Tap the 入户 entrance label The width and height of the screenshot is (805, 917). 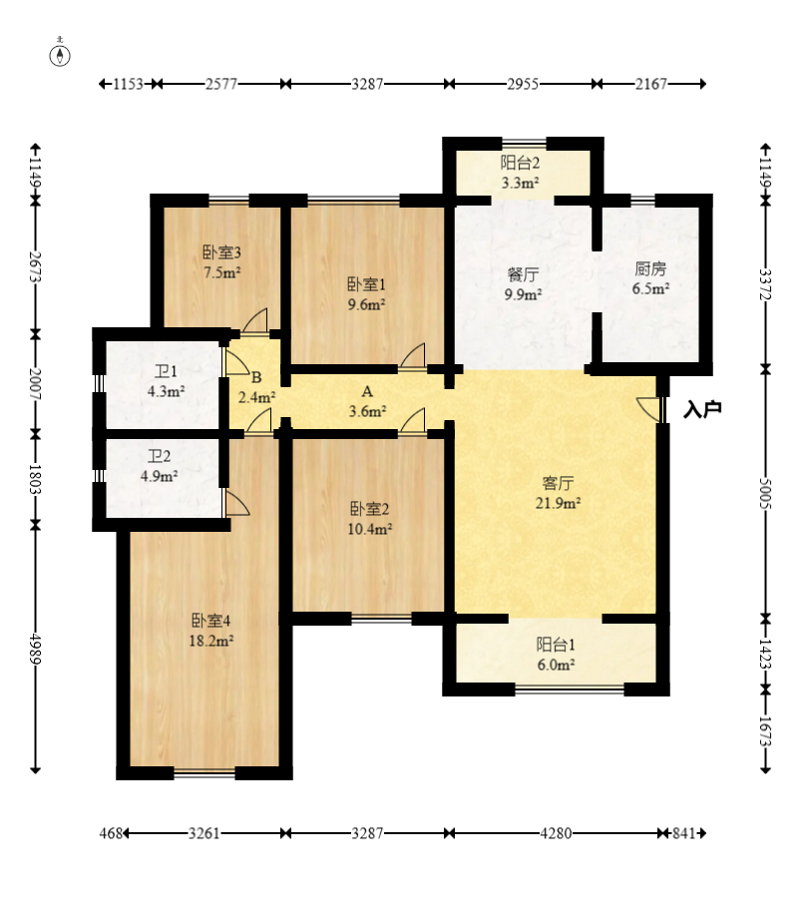click(x=702, y=409)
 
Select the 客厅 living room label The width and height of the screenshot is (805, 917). click(x=558, y=483)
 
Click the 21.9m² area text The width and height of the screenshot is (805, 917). click(x=558, y=503)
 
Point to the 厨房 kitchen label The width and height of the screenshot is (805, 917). click(x=650, y=269)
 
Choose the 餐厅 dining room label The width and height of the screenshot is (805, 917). click(x=523, y=274)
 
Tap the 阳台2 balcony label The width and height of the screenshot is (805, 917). click(x=520, y=163)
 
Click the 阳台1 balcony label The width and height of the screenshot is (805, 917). click(x=556, y=645)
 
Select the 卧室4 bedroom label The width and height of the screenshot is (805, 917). click(x=211, y=621)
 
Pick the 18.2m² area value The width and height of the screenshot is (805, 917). click(x=211, y=641)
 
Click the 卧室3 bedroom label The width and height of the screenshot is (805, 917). click(x=221, y=252)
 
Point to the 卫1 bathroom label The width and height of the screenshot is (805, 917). click(x=166, y=371)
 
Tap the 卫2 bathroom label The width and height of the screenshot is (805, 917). click(x=159, y=456)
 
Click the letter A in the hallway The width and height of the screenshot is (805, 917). click(x=367, y=391)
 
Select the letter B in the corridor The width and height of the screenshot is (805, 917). click(x=256, y=378)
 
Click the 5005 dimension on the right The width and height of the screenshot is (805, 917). click(x=765, y=494)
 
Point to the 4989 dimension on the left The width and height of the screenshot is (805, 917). click(x=35, y=649)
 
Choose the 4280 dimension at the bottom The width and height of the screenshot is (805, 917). click(x=556, y=833)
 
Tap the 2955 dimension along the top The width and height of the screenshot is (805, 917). click(x=523, y=84)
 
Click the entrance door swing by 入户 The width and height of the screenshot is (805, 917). click(x=647, y=408)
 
